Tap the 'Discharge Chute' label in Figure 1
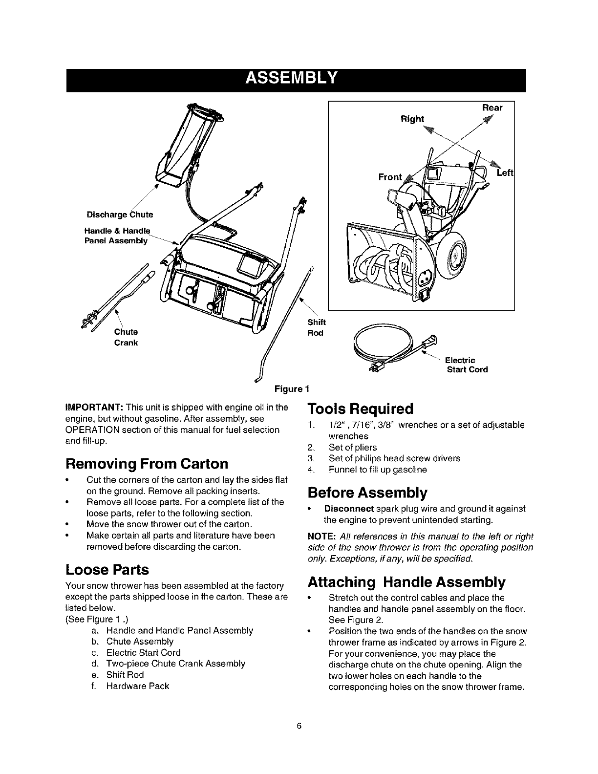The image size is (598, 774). [x=120, y=215]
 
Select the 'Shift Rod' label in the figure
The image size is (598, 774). [x=316, y=327]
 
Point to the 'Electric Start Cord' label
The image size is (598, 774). [x=467, y=365]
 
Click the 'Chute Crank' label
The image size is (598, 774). [x=126, y=337]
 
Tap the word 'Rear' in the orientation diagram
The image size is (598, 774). [x=492, y=107]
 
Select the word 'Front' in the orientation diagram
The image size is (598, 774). [x=390, y=177]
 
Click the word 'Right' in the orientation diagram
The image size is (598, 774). [x=412, y=119]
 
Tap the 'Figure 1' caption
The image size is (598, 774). [x=292, y=389]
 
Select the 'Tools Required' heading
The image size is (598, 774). [x=361, y=408]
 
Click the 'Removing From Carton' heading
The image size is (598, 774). [x=147, y=463]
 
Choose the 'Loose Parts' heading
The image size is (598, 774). [x=107, y=570]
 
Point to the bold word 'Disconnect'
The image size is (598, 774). [x=349, y=509]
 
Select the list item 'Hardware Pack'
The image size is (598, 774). [x=137, y=686]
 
